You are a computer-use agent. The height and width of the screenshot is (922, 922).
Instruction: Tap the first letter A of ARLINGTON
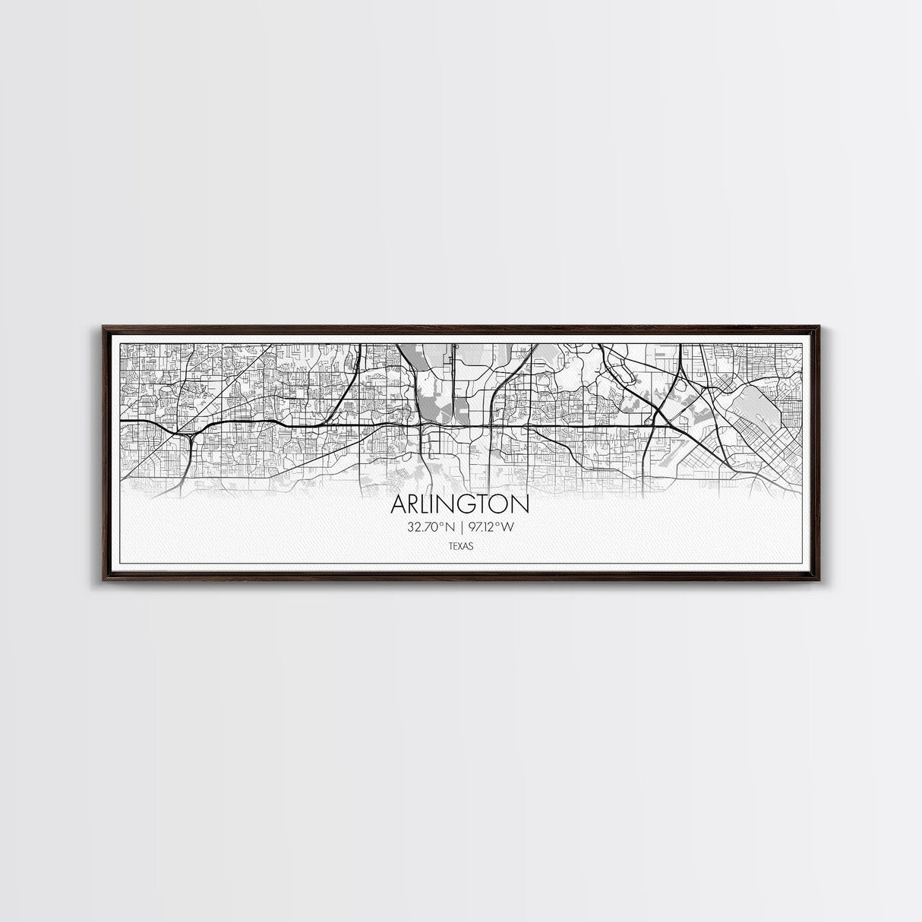coord(399,504)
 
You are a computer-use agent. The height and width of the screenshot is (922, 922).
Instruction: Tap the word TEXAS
coord(459,545)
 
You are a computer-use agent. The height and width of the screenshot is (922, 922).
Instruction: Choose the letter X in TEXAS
coord(459,545)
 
